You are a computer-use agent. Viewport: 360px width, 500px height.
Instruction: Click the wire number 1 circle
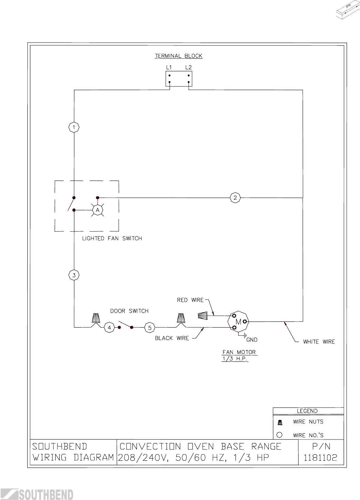coord(74,128)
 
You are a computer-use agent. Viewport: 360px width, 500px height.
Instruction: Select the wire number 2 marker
coord(235,198)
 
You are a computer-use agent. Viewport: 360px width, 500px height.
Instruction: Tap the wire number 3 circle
coord(74,275)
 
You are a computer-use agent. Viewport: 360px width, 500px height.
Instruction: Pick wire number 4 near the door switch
coord(109,328)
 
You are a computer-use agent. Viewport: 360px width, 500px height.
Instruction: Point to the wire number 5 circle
coord(149,328)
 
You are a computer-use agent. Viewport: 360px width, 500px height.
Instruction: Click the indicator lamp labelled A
coord(98,210)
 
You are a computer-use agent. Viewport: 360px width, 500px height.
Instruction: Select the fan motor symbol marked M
coord(239,322)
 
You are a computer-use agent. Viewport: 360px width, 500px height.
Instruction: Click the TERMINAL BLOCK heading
coord(178,56)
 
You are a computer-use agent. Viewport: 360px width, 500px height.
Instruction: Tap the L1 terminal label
coord(169,68)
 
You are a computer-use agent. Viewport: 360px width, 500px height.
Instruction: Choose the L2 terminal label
coord(188,68)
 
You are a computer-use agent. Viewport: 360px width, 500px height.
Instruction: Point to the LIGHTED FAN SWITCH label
coord(112,239)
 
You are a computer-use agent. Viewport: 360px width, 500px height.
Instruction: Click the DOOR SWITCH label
coord(129,311)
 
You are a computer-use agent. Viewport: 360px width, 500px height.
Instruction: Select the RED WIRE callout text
coord(190,300)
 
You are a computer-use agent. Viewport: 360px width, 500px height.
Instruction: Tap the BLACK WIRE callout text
coord(172,338)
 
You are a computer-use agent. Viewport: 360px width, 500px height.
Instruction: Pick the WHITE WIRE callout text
coord(319,342)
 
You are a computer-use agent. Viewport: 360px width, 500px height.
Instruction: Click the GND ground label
coord(252,340)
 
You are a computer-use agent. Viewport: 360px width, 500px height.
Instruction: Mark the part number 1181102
coord(320,458)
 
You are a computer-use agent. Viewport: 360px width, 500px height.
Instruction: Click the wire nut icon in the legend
coord(280,423)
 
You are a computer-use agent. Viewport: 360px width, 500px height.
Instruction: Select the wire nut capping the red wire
coord(203,316)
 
